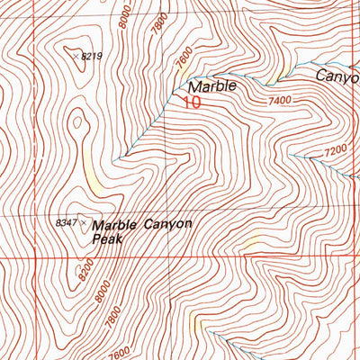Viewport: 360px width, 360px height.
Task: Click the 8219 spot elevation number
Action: click(92, 57)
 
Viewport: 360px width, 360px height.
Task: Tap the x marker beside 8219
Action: click(75, 54)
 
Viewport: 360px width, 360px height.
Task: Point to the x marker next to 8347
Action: click(84, 220)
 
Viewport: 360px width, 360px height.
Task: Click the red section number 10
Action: click(190, 103)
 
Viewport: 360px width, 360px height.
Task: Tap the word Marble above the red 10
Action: click(212, 86)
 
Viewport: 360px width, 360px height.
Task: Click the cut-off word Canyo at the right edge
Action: click(337, 76)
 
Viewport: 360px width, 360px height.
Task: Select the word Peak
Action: click(106, 240)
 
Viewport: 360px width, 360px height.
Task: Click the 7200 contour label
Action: click(335, 149)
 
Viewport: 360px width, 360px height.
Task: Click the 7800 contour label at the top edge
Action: click(159, 19)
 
